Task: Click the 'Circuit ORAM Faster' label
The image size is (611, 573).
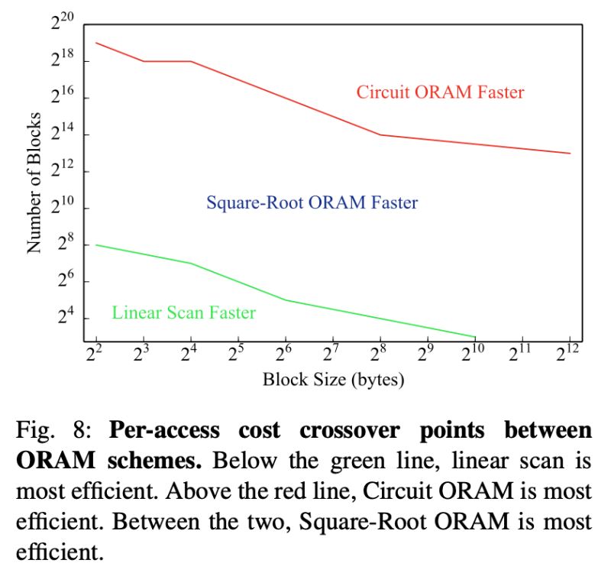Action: point(440,92)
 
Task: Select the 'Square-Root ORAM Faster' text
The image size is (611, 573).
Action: point(312,202)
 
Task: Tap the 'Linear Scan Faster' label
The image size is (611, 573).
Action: point(183,312)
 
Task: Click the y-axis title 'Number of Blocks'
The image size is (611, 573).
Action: point(34,182)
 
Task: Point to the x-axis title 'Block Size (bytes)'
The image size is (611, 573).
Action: point(333,379)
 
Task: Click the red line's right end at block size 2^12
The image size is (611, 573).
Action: point(570,154)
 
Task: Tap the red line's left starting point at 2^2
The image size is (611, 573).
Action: point(97,43)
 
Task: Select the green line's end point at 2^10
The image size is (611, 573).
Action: point(475,336)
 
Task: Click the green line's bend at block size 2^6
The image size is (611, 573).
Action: point(286,299)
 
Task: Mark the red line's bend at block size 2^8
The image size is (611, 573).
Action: point(381,135)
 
